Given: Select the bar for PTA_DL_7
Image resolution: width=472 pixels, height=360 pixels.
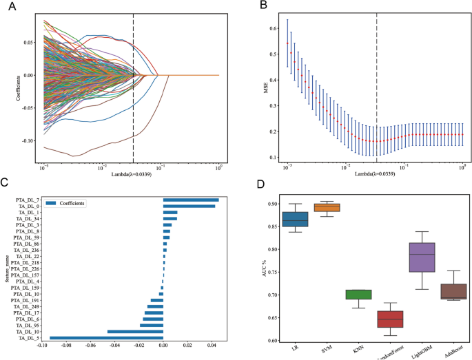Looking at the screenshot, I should pyautogui.click(x=191, y=200).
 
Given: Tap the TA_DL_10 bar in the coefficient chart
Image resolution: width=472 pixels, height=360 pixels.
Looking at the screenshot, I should pyautogui.click(x=135, y=332).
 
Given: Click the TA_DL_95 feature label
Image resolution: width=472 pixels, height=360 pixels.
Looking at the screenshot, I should pyautogui.click(x=28, y=326).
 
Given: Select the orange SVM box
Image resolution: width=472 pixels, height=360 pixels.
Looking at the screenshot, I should pyautogui.click(x=327, y=207).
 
